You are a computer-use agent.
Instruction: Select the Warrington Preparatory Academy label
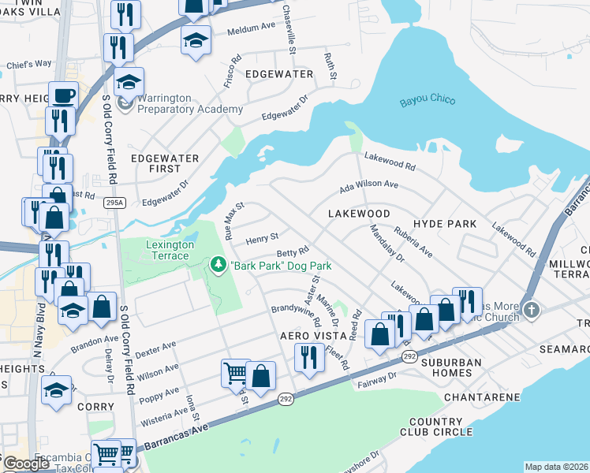[x=190, y=103]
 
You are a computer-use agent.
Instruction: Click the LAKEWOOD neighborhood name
[x=360, y=214]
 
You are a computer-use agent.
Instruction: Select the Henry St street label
[x=262, y=237]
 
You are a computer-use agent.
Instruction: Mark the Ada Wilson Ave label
[x=368, y=185]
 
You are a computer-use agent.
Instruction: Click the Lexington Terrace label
[x=170, y=250]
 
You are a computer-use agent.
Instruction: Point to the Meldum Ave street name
[x=250, y=32]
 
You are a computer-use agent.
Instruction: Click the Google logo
[x=26, y=464]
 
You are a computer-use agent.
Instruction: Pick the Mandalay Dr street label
[x=386, y=244]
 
